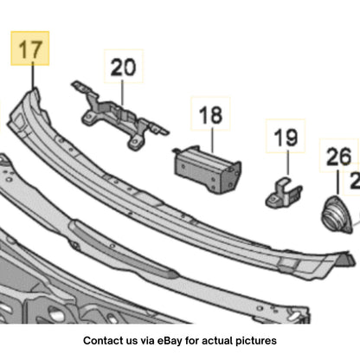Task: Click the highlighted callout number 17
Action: (30, 49)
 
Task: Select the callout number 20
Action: (123, 67)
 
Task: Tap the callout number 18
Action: (211, 115)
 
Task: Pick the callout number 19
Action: (286, 137)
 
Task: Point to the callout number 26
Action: (339, 157)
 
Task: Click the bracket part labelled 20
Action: (119, 116)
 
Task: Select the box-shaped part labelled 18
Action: (207, 170)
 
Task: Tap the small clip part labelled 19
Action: (284, 193)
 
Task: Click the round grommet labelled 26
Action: (337, 215)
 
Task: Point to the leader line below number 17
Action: (33, 75)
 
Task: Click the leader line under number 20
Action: (122, 93)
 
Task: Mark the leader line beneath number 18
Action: (212, 140)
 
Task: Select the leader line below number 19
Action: (287, 162)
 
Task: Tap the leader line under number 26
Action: (337, 183)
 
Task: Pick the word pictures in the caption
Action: (256, 341)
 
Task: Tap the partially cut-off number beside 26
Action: (355, 181)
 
